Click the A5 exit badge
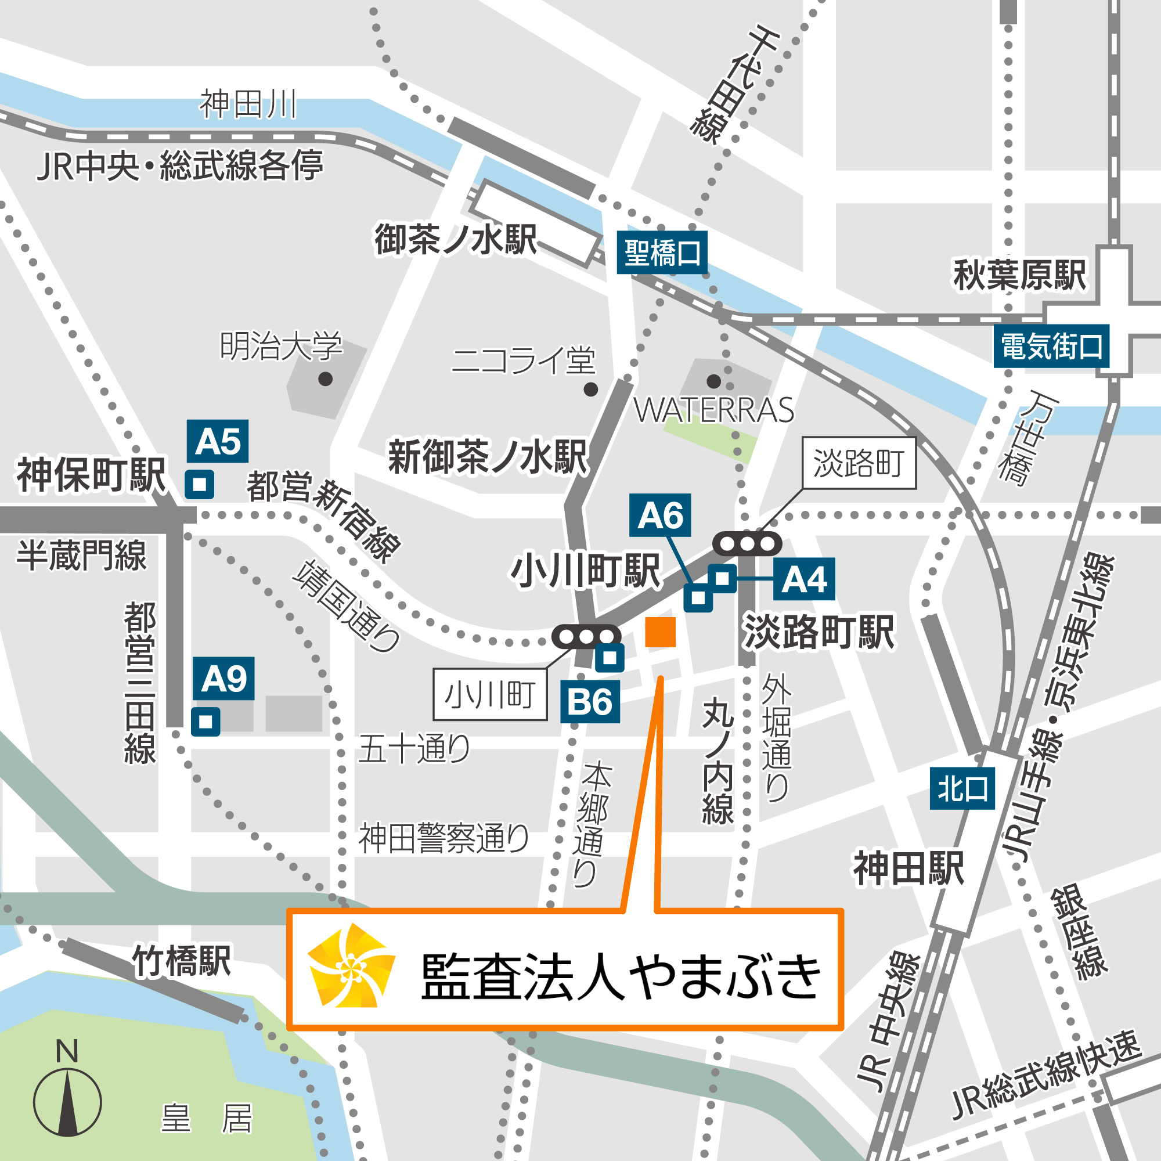click(218, 441)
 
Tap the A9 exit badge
click(223, 679)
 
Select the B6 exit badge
click(590, 702)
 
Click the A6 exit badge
click(660, 515)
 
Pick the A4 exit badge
click(803, 579)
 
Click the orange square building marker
click(660, 632)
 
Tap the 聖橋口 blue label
click(662, 253)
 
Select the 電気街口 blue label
click(1051, 347)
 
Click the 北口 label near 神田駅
click(962, 788)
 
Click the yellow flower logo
click(351, 966)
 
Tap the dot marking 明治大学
click(326, 378)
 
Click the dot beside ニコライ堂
click(591, 390)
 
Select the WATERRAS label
click(714, 410)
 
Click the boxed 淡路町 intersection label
click(859, 463)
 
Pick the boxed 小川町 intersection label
click(490, 695)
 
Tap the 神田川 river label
click(248, 104)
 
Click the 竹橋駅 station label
click(182, 960)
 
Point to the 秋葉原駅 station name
click(1020, 275)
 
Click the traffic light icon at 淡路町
click(747, 544)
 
